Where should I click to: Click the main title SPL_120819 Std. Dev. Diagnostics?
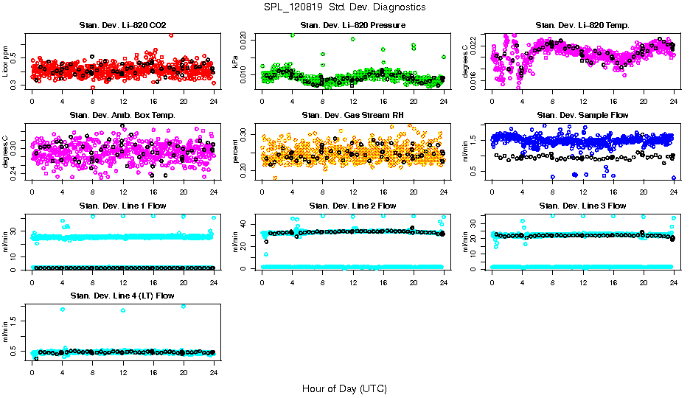coord(344,7)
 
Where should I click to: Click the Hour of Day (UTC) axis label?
coord(344,388)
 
